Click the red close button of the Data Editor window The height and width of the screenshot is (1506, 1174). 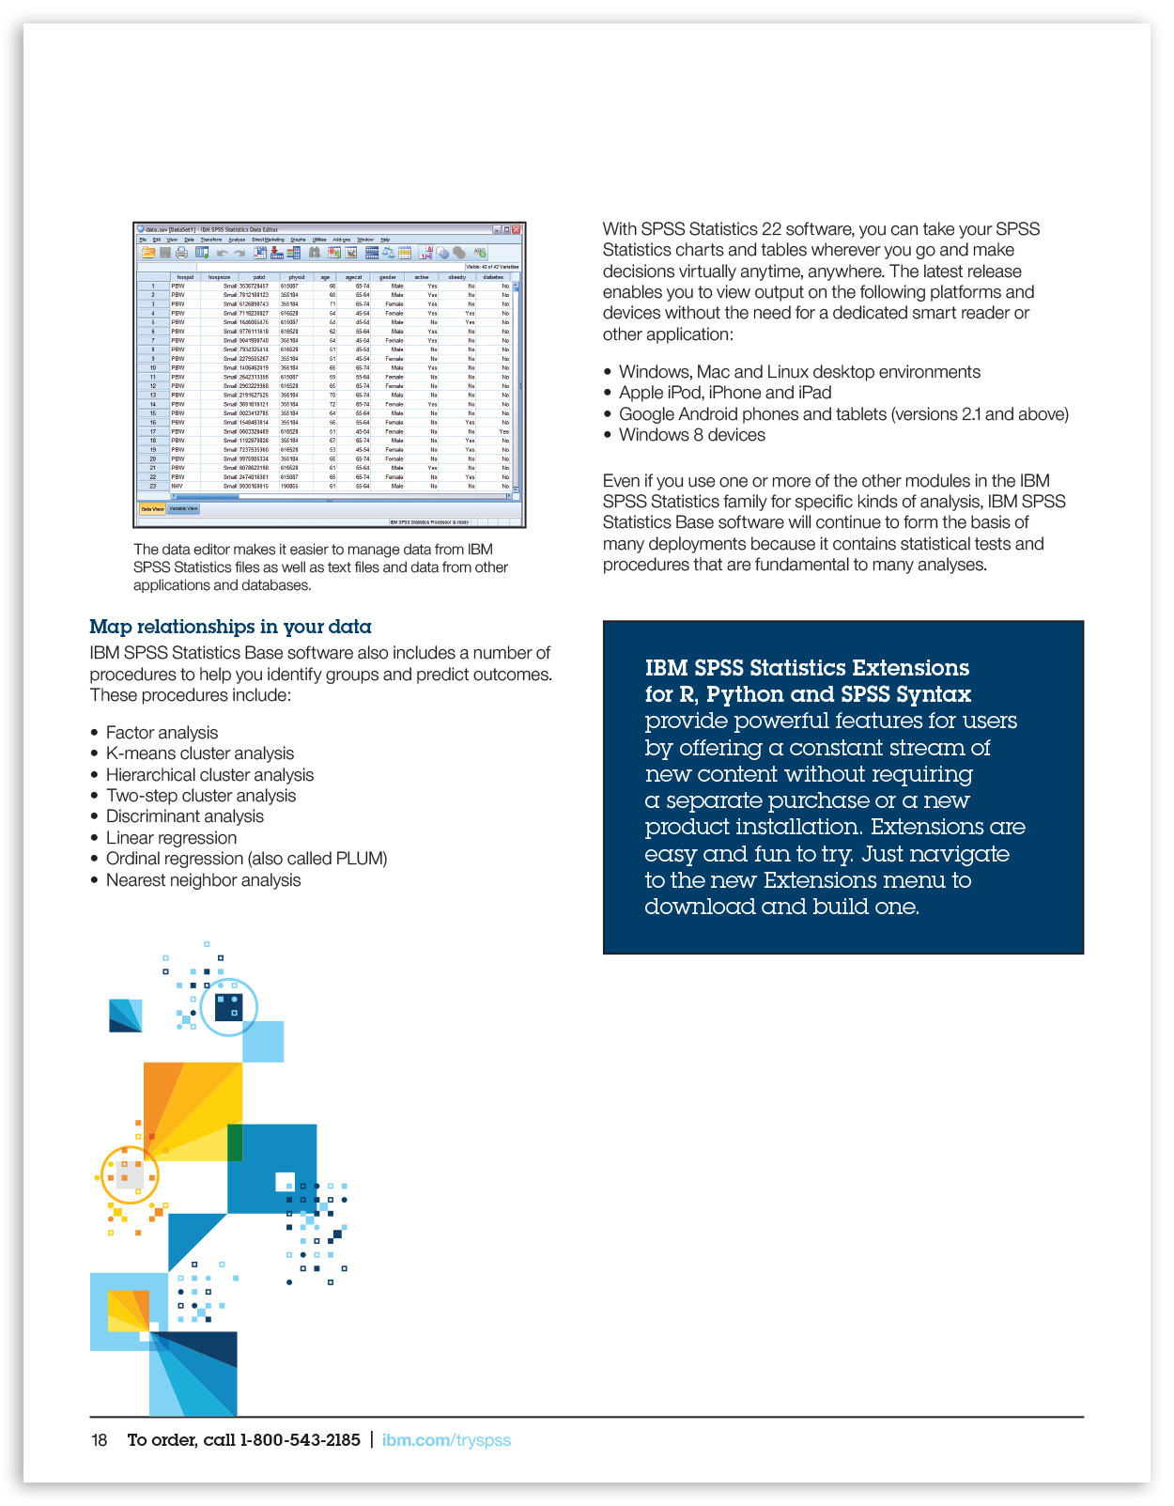[x=516, y=229]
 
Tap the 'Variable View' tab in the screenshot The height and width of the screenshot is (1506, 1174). [x=183, y=509]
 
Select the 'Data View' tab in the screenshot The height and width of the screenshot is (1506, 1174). [x=152, y=509]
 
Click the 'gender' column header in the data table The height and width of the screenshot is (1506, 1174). [x=387, y=277]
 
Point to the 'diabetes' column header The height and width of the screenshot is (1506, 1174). [x=493, y=277]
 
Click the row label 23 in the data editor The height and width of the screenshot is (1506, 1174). [x=153, y=486]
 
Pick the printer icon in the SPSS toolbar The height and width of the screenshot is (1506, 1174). [x=181, y=253]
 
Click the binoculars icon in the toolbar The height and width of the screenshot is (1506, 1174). [x=315, y=253]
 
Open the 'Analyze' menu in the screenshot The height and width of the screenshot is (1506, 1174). [x=237, y=240]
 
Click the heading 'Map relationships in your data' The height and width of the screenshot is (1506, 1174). [x=230, y=627]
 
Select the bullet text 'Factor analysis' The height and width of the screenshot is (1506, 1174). [x=162, y=733]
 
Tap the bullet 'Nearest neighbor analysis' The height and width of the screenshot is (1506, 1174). [x=203, y=880]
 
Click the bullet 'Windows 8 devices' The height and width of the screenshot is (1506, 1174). [x=691, y=435]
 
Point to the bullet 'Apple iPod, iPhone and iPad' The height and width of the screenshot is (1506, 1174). [x=725, y=393]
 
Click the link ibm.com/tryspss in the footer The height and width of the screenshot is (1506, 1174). [x=446, y=1440]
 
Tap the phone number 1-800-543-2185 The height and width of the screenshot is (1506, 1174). [x=301, y=1440]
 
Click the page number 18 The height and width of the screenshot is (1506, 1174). [x=99, y=1440]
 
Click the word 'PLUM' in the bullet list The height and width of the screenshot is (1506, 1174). [x=360, y=859]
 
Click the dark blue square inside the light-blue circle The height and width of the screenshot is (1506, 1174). [x=228, y=1007]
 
